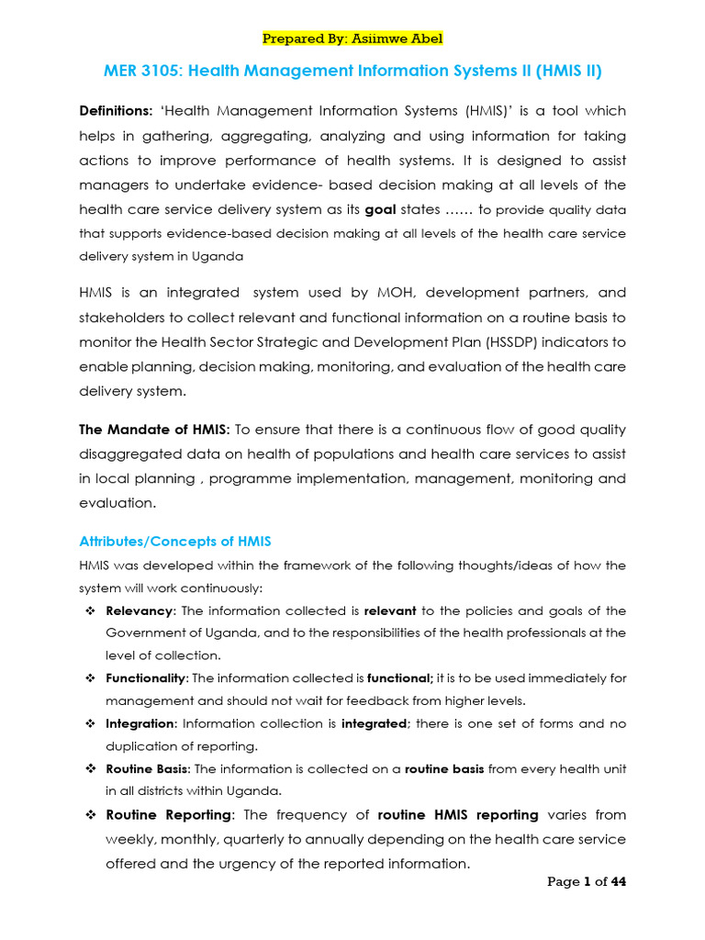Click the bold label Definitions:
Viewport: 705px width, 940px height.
tap(117, 111)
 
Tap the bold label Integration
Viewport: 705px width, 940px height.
tap(138, 723)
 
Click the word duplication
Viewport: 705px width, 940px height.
tap(143, 745)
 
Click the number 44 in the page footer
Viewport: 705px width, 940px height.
tap(618, 882)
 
